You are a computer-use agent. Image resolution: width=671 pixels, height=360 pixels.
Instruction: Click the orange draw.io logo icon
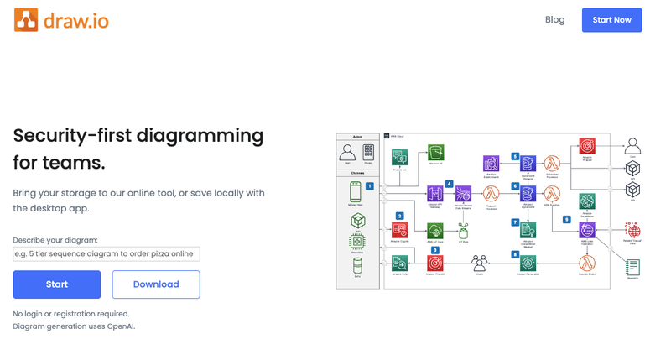pos(26,19)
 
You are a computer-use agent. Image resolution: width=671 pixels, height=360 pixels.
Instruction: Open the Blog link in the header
pos(554,19)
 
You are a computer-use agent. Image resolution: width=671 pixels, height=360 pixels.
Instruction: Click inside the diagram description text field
pos(107,253)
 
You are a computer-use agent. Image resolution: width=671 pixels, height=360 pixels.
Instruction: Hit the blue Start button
pos(57,284)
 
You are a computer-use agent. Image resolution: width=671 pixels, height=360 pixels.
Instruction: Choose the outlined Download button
pos(156,284)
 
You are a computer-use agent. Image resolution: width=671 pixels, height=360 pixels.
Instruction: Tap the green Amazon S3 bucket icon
pos(434,152)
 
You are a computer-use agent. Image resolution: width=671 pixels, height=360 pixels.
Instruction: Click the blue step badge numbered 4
pos(449,184)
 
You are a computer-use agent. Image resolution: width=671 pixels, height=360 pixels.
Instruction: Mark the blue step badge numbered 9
pos(566,218)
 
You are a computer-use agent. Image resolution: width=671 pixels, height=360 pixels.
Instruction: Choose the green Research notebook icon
pos(632,267)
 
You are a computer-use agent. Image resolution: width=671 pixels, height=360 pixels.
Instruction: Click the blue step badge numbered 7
pos(515,222)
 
